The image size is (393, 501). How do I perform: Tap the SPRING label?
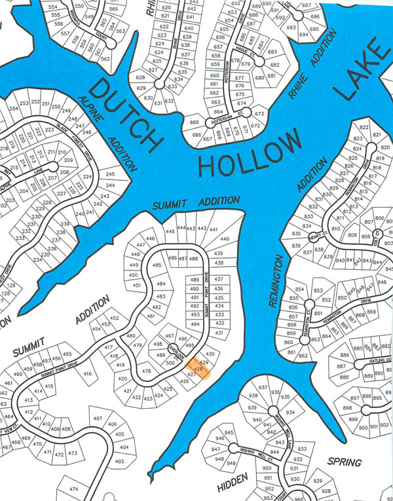pos(344,462)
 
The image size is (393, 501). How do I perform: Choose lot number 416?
pos(88,374)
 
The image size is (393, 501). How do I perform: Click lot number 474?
pos(73,489)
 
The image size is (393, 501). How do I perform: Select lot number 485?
pos(157,265)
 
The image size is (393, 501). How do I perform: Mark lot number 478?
pos(147,371)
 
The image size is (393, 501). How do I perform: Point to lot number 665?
pos(194,122)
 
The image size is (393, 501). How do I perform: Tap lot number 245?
pos(110,174)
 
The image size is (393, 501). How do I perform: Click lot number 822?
pos(364,127)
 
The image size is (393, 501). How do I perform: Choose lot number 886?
pos(344,355)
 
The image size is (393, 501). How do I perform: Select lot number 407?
pos(97,418)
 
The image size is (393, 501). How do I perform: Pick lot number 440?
pos(225,239)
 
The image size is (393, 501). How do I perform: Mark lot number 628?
pos(140,77)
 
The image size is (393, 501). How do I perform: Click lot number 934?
pos(290,413)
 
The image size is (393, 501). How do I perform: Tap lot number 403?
pos(119,462)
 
